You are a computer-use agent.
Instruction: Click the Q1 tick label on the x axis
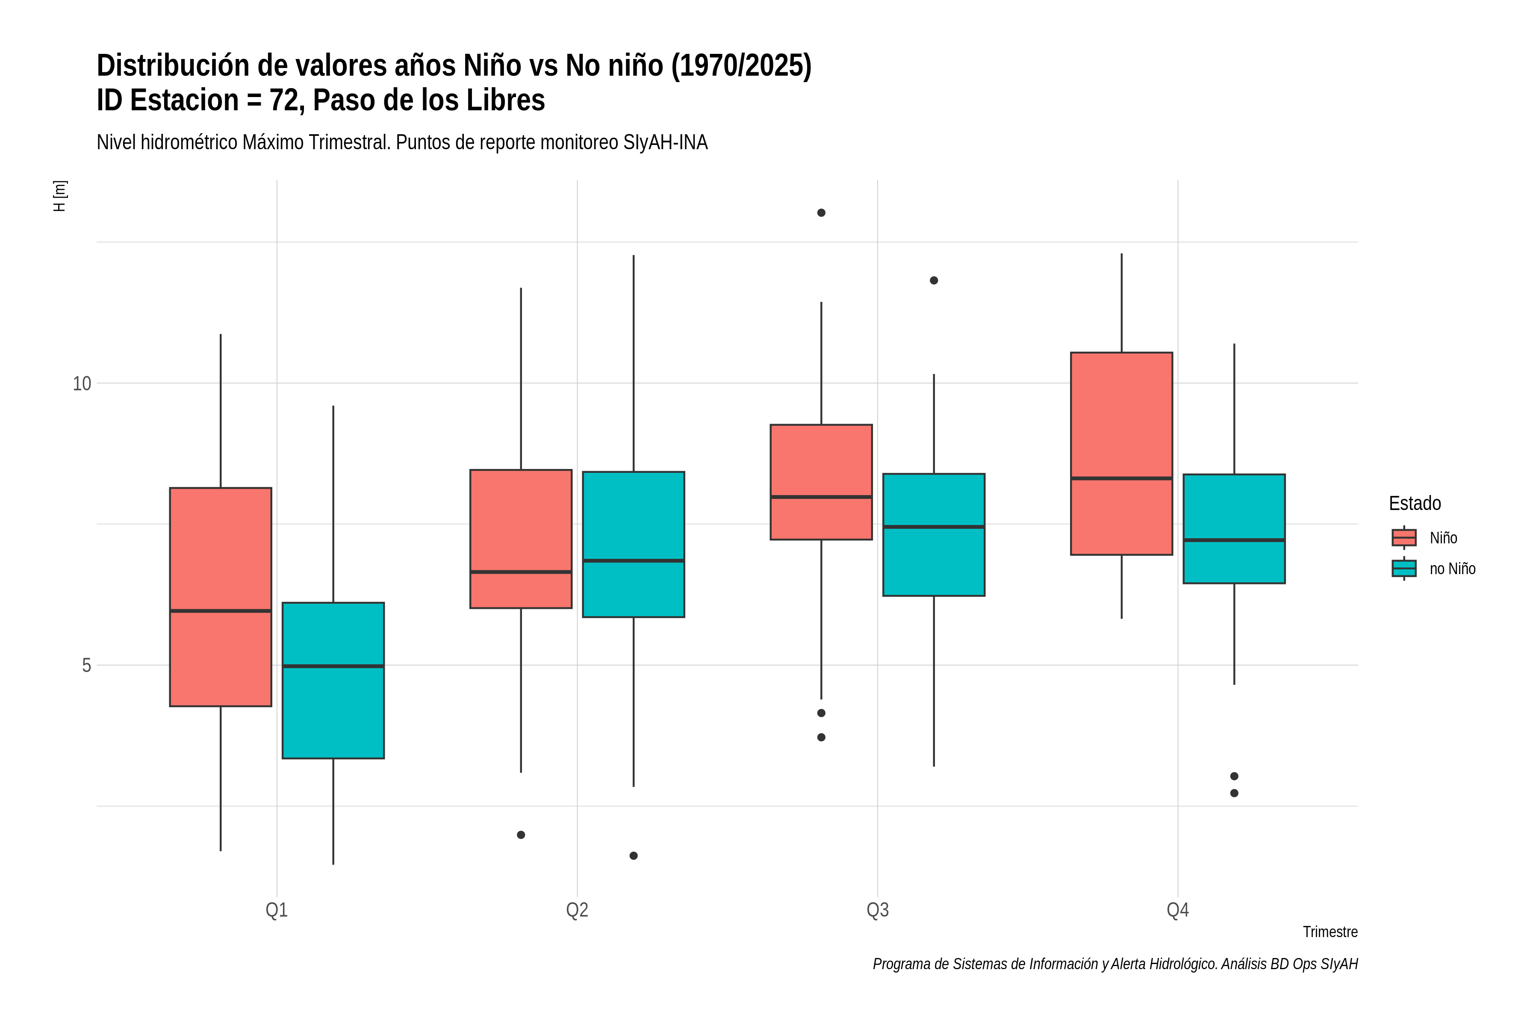[277, 910]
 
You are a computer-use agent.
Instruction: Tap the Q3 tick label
[878, 910]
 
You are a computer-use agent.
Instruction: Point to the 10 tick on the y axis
[82, 383]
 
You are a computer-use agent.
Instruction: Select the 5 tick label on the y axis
[86, 666]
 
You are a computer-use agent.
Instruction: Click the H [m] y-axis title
[59, 196]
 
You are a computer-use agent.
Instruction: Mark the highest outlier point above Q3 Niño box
[821, 212]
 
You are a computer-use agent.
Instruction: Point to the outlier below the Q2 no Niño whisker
[634, 856]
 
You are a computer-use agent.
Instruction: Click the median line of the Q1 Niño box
[221, 611]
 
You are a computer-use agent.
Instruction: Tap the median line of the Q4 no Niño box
[1234, 540]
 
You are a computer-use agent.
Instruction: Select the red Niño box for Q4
[1121, 454]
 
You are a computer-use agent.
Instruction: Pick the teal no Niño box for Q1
[333, 681]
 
